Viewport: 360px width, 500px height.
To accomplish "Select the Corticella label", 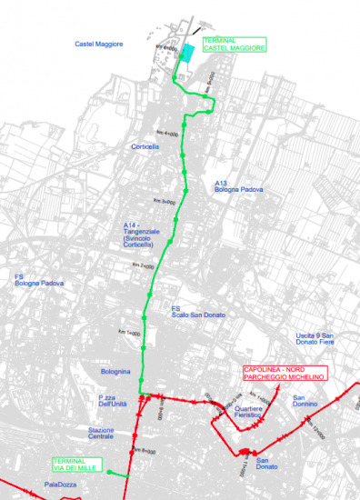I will point(145,145).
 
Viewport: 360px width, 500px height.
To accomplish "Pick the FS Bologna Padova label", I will point(39,279).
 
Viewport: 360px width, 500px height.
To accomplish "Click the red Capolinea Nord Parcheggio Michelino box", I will point(284,372).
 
